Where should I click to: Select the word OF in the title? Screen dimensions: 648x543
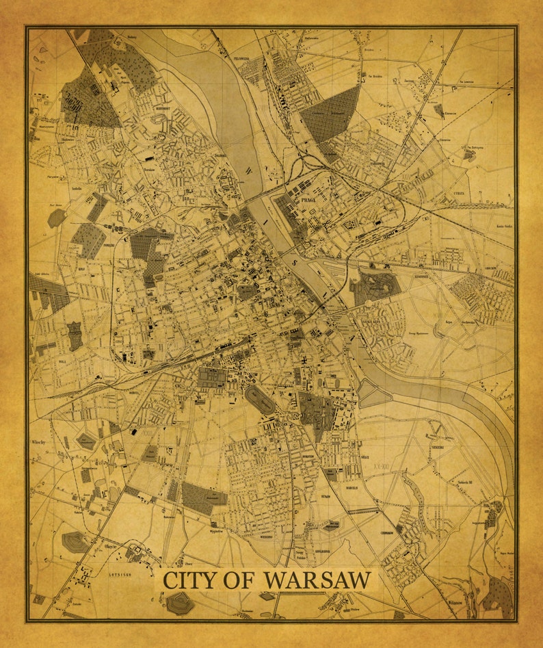point(240,580)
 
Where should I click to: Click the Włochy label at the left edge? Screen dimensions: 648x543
point(38,443)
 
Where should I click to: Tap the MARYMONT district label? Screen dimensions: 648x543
point(162,109)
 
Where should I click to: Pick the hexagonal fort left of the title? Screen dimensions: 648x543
point(75,542)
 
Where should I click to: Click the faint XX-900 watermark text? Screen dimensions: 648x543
point(384,465)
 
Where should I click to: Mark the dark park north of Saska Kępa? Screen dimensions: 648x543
point(375,287)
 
